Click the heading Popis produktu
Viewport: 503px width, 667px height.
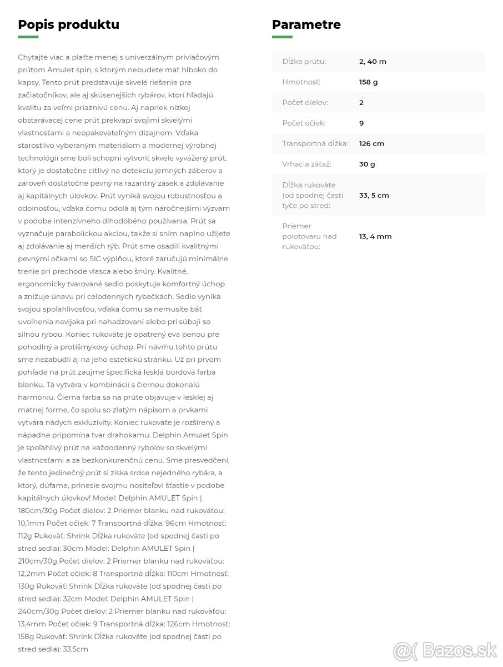click(x=68, y=24)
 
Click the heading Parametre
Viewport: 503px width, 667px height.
click(x=306, y=24)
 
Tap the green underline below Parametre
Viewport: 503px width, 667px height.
click(x=282, y=37)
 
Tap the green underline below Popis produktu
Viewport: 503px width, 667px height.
click(x=28, y=37)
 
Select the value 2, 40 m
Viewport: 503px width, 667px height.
click(x=373, y=62)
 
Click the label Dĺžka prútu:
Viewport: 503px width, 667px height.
click(x=304, y=62)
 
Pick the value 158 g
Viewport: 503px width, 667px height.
click(x=368, y=82)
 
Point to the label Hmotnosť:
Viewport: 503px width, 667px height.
click(x=301, y=82)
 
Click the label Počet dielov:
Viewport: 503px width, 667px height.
click(x=305, y=103)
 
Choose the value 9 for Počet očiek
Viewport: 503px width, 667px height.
click(x=361, y=123)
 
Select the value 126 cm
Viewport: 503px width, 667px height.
click(x=371, y=144)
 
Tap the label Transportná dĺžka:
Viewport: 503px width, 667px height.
click(x=315, y=144)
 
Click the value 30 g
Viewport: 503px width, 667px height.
click(x=367, y=165)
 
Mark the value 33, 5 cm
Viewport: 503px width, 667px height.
click(x=374, y=196)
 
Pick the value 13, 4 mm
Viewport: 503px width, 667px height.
click(x=375, y=237)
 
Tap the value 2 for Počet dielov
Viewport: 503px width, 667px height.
click(x=361, y=103)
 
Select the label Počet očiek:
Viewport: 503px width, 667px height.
click(x=304, y=123)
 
